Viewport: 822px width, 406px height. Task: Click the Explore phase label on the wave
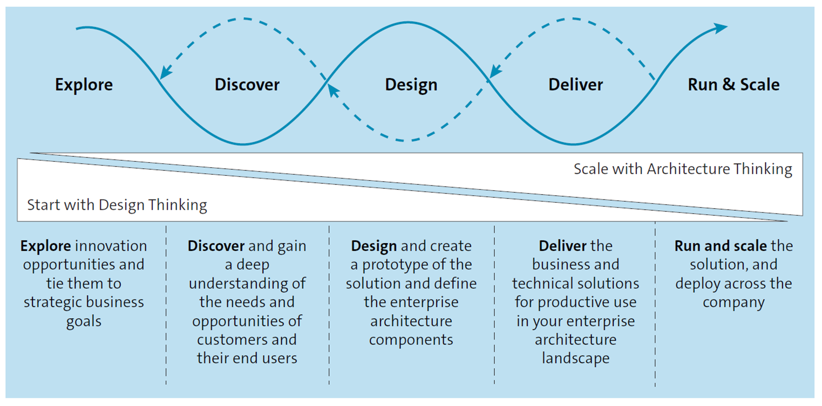[x=84, y=85]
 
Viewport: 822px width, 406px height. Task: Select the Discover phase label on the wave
[x=247, y=85]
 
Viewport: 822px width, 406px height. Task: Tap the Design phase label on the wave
[x=411, y=85]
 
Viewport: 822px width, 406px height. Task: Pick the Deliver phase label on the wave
[x=575, y=85]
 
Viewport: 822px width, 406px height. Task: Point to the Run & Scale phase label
[x=733, y=85]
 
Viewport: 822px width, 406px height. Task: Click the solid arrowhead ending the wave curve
[x=721, y=28]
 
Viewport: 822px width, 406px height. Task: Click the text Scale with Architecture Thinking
[x=683, y=169]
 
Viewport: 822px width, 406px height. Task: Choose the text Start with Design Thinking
[x=117, y=205]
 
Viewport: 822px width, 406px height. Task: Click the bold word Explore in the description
[x=45, y=246]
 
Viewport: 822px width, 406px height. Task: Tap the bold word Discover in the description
[x=216, y=246]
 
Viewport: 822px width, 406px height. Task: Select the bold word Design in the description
[x=374, y=246]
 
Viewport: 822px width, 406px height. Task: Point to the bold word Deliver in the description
[x=562, y=246]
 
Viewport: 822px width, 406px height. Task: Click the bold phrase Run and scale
[x=720, y=246]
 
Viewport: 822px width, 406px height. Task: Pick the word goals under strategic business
[x=84, y=321]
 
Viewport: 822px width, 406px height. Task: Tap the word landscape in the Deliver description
[x=575, y=359]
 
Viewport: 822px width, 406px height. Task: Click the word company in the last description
[x=733, y=302]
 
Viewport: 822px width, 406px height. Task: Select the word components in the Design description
[x=411, y=340]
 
